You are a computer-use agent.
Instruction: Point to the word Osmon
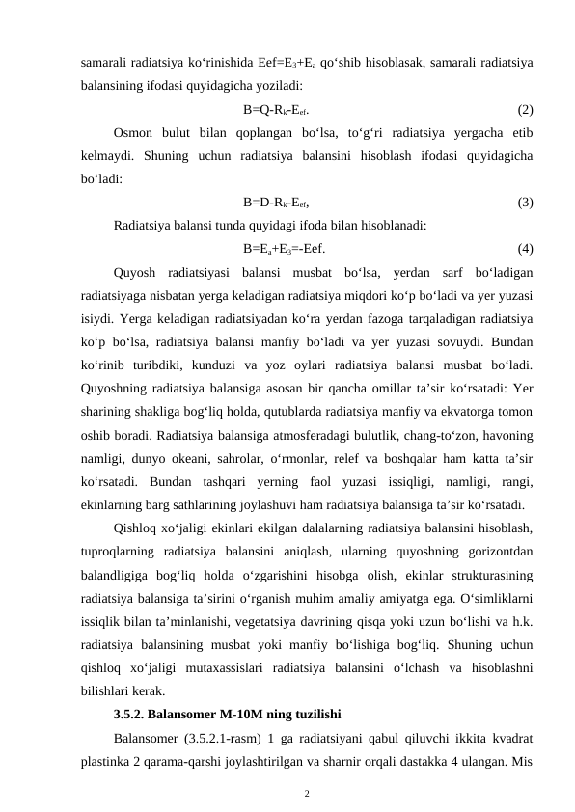click(133, 132)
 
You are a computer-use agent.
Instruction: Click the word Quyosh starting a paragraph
click(135, 271)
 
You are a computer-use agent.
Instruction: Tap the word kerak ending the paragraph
click(147, 691)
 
